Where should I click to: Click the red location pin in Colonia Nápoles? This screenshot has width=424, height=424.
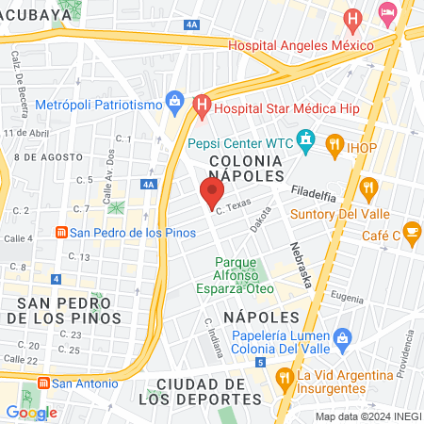tap(211, 192)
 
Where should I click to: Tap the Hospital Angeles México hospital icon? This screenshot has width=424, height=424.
tap(352, 17)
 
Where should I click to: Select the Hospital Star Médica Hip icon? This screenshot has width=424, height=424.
tap(200, 107)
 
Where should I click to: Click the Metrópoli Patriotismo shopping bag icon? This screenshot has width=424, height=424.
tap(174, 99)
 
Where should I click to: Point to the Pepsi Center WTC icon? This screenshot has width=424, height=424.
tap(304, 142)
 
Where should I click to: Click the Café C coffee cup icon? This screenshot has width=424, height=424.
tap(412, 230)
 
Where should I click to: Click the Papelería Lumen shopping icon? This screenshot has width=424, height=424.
tap(342, 336)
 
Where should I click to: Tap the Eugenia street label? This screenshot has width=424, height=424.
tap(347, 296)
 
